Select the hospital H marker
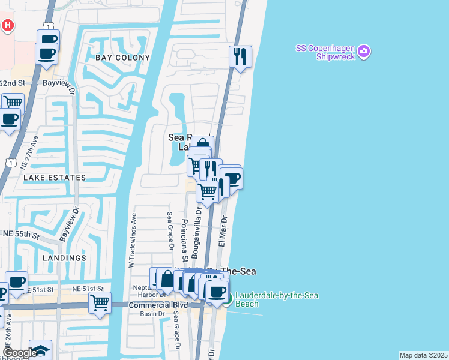tap(8, 25)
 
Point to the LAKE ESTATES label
tap(55, 178)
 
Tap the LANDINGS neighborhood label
tap(64, 258)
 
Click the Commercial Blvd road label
tap(158, 305)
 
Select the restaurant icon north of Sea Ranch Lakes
tap(240, 56)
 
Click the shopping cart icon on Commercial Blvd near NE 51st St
tap(100, 302)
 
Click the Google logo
tap(20, 353)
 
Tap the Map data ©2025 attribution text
tap(423, 355)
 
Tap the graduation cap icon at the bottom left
tap(41, 350)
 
